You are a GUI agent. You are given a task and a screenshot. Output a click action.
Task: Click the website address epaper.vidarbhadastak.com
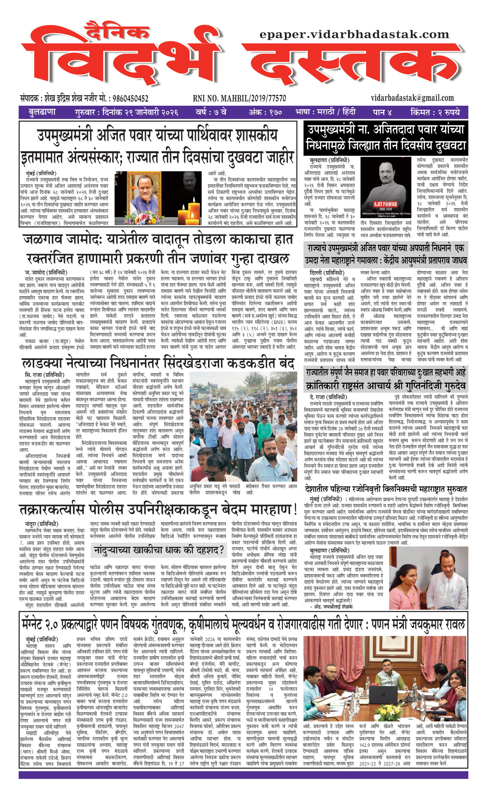pyautogui.click(x=354, y=35)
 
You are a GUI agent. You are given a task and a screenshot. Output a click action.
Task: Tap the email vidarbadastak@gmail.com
pyautogui.click(x=412, y=98)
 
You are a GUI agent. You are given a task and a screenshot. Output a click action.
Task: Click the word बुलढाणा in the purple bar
pyautogui.click(x=42, y=112)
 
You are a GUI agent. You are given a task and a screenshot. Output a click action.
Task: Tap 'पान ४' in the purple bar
pyautogui.click(x=382, y=112)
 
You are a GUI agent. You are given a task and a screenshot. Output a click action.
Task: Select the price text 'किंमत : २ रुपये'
pyautogui.click(x=435, y=112)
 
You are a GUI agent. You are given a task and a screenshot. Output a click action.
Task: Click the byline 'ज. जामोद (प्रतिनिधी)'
pyautogui.click(x=46, y=273)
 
